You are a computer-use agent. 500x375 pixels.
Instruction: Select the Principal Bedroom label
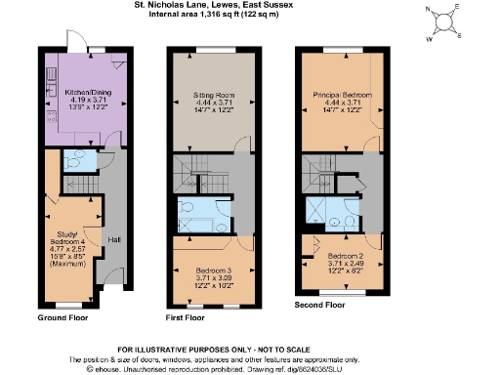point(335,95)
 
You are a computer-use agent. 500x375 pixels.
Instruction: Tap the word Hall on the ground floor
point(113,239)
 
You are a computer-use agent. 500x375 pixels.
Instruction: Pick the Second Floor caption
point(320,306)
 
